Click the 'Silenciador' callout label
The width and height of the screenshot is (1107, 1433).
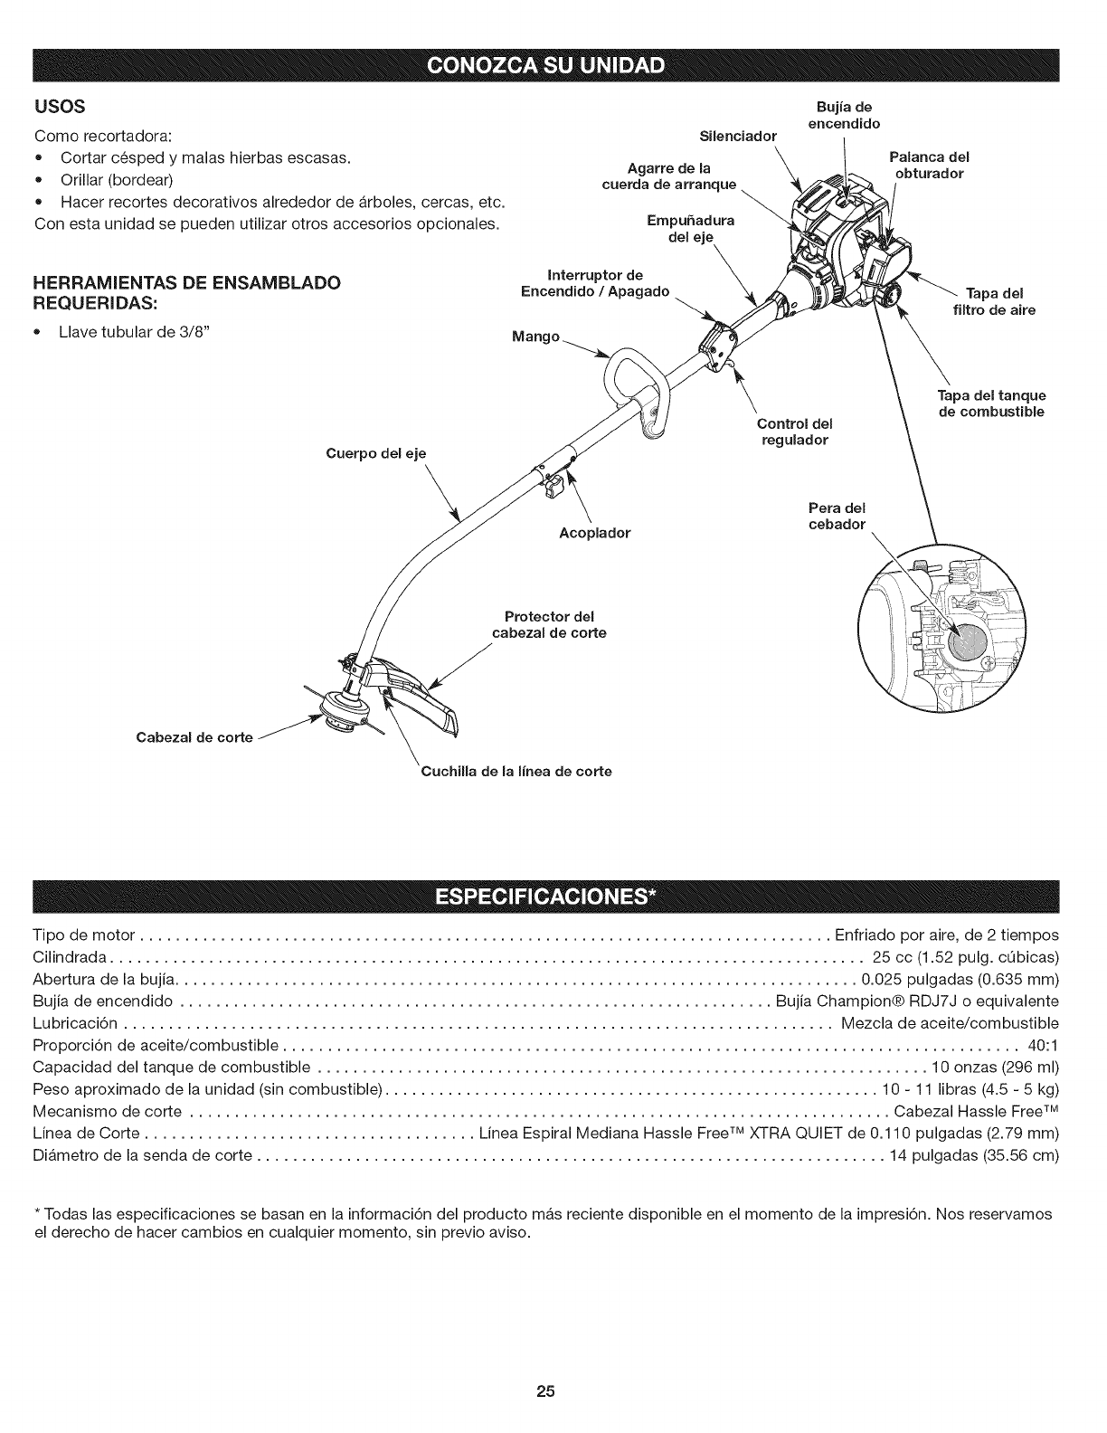[739, 137]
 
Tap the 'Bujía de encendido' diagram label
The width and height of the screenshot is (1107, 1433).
[843, 115]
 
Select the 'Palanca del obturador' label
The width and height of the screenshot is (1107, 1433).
[929, 165]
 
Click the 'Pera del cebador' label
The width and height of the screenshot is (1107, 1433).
[837, 516]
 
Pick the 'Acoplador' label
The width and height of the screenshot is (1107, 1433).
[594, 533]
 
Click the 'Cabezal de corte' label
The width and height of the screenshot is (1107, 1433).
[194, 737]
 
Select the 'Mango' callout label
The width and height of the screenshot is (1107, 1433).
[535, 337]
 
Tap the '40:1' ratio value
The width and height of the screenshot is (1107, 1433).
[1043, 1048]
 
